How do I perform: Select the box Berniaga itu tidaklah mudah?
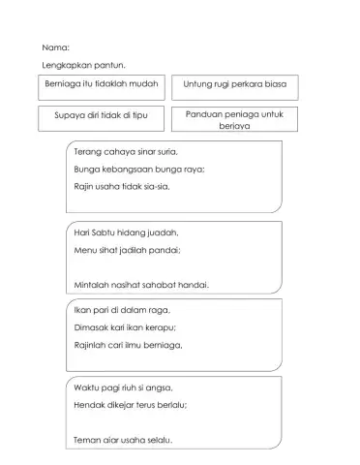point(102,86)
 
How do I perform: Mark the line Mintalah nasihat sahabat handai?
point(141,285)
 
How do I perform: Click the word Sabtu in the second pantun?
point(101,232)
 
